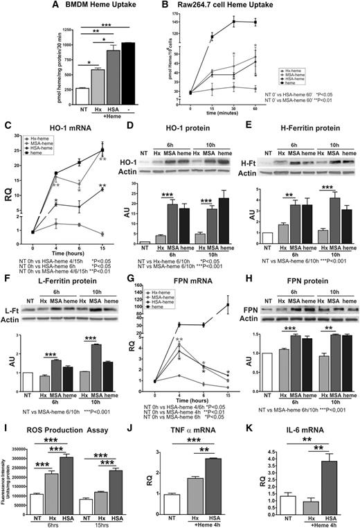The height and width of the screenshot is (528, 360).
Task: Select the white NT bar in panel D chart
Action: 147,245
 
